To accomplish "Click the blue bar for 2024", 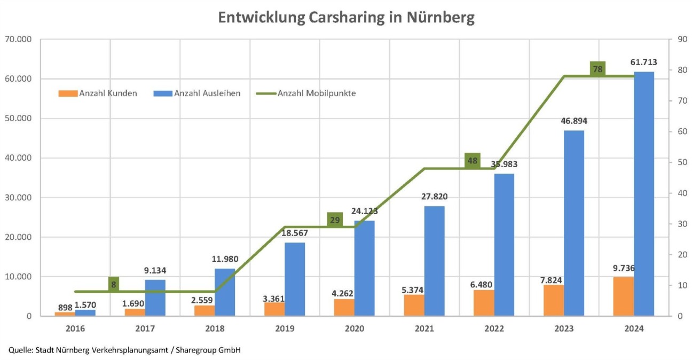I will (643, 193).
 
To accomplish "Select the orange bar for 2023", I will (553, 300).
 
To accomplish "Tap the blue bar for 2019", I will (295, 279).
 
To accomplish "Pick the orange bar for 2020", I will (344, 307).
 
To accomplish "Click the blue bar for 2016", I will (85, 312).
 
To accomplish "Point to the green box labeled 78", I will (597, 69).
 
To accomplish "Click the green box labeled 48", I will (472, 160).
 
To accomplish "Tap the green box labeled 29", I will (335, 220).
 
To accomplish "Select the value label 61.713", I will (643, 62).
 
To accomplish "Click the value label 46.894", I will (573, 121).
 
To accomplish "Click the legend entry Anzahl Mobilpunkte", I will (316, 93).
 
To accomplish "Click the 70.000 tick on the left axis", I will (18, 40).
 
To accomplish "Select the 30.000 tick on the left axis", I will (18, 198).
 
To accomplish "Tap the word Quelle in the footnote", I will (20, 350).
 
